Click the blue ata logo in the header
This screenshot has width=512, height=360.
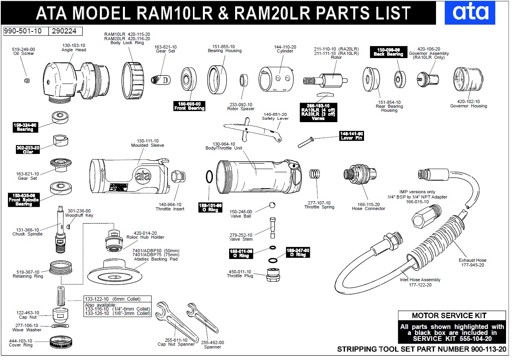tap(470, 12)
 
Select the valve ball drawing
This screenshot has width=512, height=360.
tap(272, 205)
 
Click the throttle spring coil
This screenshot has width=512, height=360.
tap(315, 174)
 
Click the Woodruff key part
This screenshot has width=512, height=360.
tap(68, 226)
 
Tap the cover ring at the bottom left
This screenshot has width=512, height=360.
tap(61, 342)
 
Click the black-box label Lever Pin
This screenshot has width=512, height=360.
tap(351, 136)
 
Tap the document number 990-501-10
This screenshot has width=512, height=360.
tap(25, 31)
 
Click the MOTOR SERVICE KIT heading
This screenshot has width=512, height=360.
tap(452, 316)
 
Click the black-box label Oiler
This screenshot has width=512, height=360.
tap(28, 150)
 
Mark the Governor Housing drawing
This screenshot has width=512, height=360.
tap(468, 80)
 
